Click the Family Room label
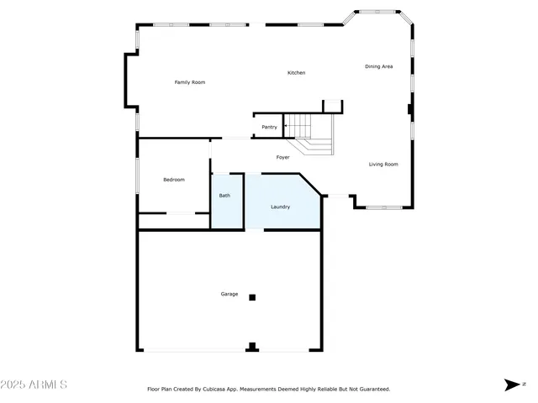click(x=189, y=82)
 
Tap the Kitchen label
click(x=296, y=73)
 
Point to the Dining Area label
click(x=378, y=66)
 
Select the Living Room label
click(x=383, y=165)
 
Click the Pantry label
click(x=269, y=127)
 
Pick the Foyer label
click(x=283, y=157)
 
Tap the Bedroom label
click(x=173, y=180)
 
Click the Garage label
click(x=229, y=294)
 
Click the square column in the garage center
click(x=251, y=297)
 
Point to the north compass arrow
click(x=512, y=385)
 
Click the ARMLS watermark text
click(x=47, y=385)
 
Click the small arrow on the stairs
click(x=286, y=127)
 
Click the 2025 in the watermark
click(x=14, y=385)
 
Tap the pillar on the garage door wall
click(x=251, y=347)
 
